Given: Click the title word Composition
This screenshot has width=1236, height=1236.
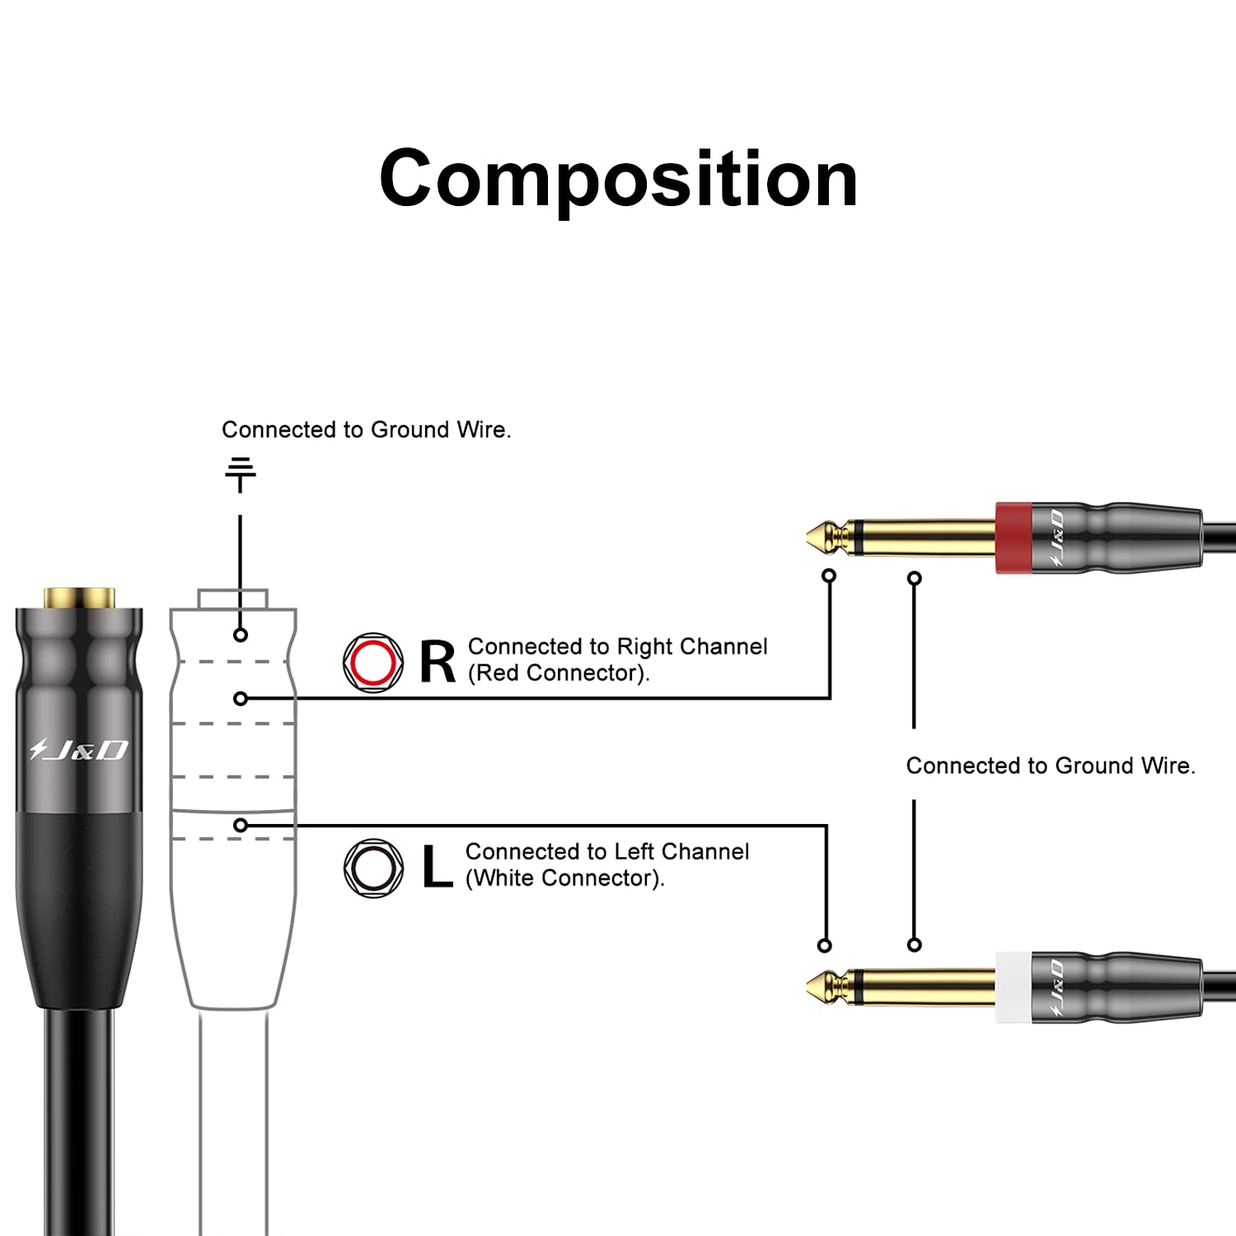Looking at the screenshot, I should (618, 179).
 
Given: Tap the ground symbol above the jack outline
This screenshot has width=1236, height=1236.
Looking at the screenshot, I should (240, 475).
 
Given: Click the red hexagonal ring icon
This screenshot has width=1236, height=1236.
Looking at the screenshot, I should (373, 662).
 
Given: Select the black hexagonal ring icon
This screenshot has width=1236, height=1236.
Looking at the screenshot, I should (373, 868).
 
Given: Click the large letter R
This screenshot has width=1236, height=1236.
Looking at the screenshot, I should (437, 662).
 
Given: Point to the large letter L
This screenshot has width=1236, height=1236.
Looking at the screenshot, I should (437, 867).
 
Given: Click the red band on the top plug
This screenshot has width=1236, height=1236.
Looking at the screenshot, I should (1013, 537).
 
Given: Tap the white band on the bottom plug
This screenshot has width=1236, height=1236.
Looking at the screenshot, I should (1013, 987).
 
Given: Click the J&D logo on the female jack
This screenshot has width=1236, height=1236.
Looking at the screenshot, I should (79, 750).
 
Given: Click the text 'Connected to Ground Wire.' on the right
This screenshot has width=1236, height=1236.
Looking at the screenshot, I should (1050, 766).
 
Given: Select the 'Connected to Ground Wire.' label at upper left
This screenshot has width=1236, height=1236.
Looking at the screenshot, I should (366, 430).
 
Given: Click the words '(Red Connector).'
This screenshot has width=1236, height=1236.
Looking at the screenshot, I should (559, 674).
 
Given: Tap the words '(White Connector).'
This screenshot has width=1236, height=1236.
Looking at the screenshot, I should (564, 879).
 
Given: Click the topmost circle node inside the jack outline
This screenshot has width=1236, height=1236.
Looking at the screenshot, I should (241, 635).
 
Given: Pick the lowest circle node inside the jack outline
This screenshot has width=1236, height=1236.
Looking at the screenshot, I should (241, 825).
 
